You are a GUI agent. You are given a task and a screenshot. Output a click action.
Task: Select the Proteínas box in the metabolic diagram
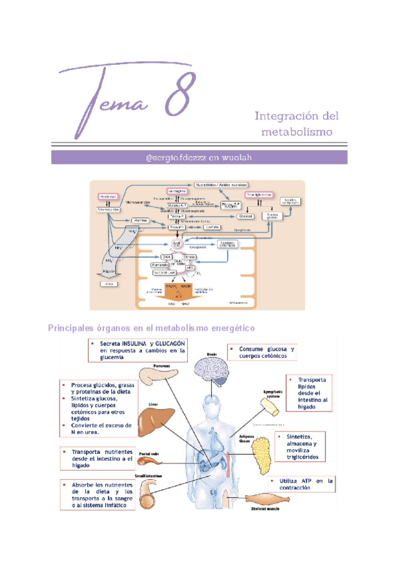(108, 197)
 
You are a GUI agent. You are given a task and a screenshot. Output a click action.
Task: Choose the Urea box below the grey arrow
(107, 284)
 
